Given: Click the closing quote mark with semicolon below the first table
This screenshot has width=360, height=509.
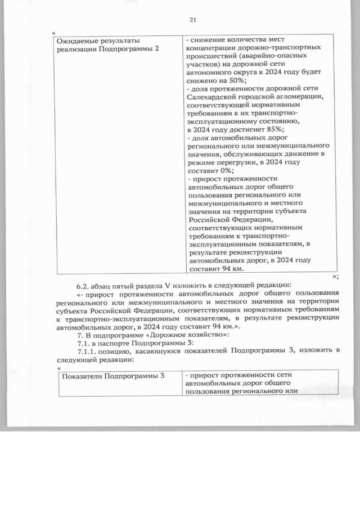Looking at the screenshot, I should click(x=335, y=275).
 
